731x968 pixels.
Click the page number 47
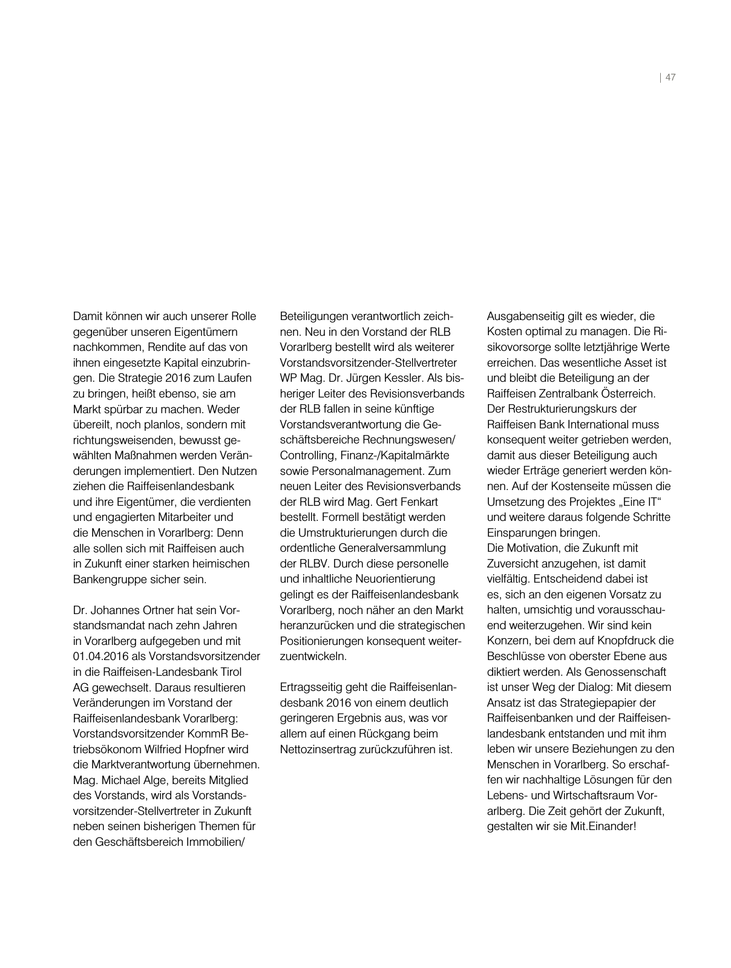670,77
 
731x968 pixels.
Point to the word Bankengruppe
107,579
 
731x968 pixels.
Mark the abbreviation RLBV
312,563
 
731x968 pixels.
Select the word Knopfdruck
629,641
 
